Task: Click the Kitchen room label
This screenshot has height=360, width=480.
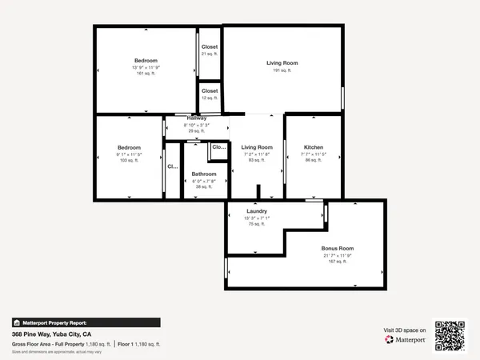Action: click(313, 147)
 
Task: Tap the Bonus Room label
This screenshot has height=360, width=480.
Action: click(338, 249)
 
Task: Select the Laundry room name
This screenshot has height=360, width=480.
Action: click(256, 211)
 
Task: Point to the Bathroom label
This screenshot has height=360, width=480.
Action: click(203, 174)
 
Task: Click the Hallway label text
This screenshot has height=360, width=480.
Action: click(197, 118)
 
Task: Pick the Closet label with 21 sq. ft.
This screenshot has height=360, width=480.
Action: click(210, 47)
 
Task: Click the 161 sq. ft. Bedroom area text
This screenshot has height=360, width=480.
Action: click(146, 74)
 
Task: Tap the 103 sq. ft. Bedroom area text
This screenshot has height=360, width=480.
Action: click(129, 161)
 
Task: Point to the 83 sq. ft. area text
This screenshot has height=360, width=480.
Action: click(257, 160)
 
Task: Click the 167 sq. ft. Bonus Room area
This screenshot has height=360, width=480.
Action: click(338, 262)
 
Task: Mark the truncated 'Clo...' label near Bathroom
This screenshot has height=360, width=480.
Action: click(218, 147)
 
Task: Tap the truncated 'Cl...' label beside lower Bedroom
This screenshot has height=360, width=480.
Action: click(172, 167)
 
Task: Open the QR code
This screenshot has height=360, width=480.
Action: click(450, 335)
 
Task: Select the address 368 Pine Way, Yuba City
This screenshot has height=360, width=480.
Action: click(51, 334)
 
